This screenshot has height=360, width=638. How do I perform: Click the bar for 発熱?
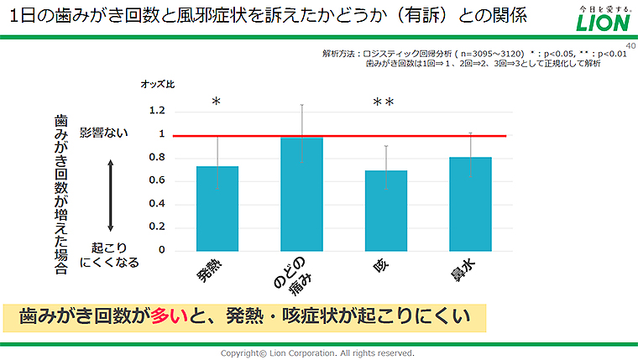point(217,208)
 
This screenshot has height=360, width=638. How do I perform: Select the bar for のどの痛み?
point(301,194)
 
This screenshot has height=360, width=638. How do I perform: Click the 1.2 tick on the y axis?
point(157,111)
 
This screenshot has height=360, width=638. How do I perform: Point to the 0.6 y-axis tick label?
point(157,180)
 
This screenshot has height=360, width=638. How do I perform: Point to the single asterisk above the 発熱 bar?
point(216,102)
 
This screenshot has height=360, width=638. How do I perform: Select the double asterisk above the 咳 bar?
point(384,102)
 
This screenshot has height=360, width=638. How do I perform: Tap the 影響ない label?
point(105,133)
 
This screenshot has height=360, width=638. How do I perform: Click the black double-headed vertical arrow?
point(110,196)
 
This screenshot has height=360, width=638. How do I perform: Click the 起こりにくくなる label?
point(109,255)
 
